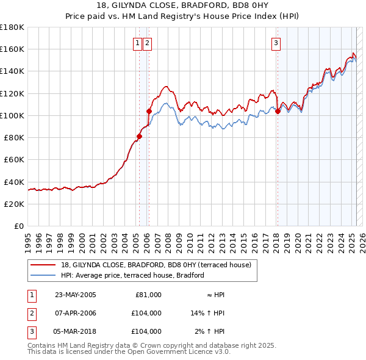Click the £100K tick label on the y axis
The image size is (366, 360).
point(12,115)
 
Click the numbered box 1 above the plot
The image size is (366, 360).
point(138,43)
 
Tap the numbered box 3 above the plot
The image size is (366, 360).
point(276,43)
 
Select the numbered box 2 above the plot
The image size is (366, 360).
point(148,43)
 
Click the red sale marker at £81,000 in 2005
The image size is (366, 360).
point(139,136)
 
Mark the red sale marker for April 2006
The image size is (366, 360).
point(149,111)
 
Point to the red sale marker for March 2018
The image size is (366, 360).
point(278,111)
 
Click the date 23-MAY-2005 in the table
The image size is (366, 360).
point(76,295)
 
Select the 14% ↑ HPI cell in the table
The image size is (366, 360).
point(208,313)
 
